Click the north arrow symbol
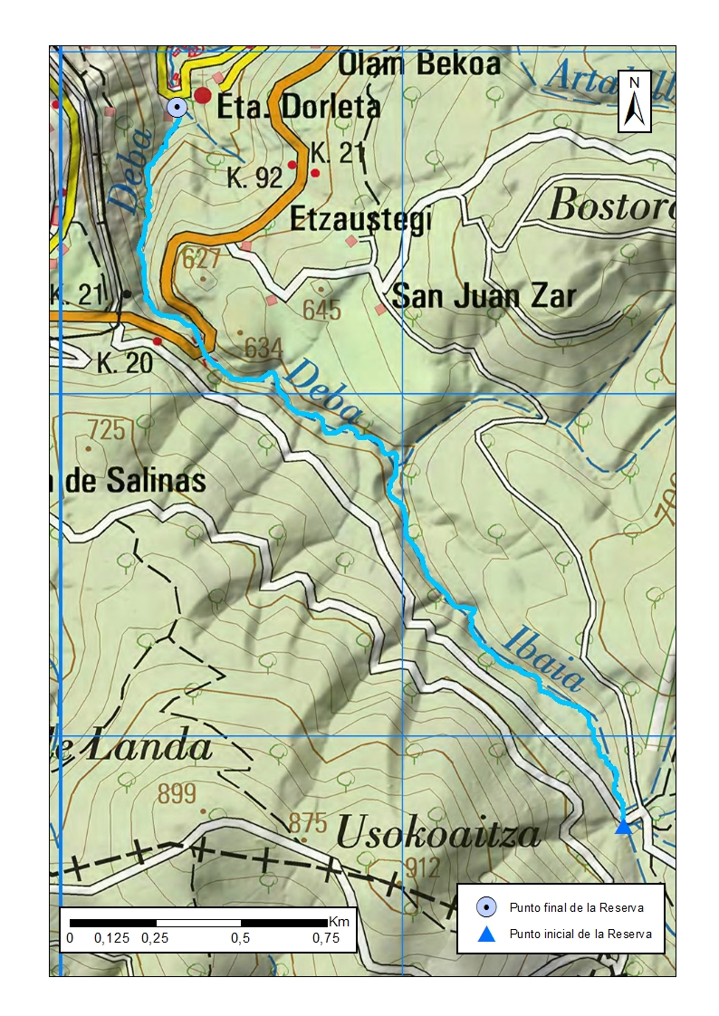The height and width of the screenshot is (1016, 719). coord(636,101)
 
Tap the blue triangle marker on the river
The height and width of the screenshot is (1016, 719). coord(623,825)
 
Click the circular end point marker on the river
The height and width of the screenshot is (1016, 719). coord(177,108)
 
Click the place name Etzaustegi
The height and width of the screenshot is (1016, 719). coord(359,220)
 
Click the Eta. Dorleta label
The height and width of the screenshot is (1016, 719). coord(298,107)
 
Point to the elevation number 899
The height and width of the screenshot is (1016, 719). coord(177,794)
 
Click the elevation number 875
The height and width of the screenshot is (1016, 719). coord(307,823)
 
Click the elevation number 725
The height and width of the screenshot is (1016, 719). coord(106,429)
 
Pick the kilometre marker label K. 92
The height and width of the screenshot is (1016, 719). coord(255,178)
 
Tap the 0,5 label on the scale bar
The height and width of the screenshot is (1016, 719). coord(240,938)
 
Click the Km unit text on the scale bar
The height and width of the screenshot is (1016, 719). coord(339,921)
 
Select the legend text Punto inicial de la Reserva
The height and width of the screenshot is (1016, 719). coord(580,935)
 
